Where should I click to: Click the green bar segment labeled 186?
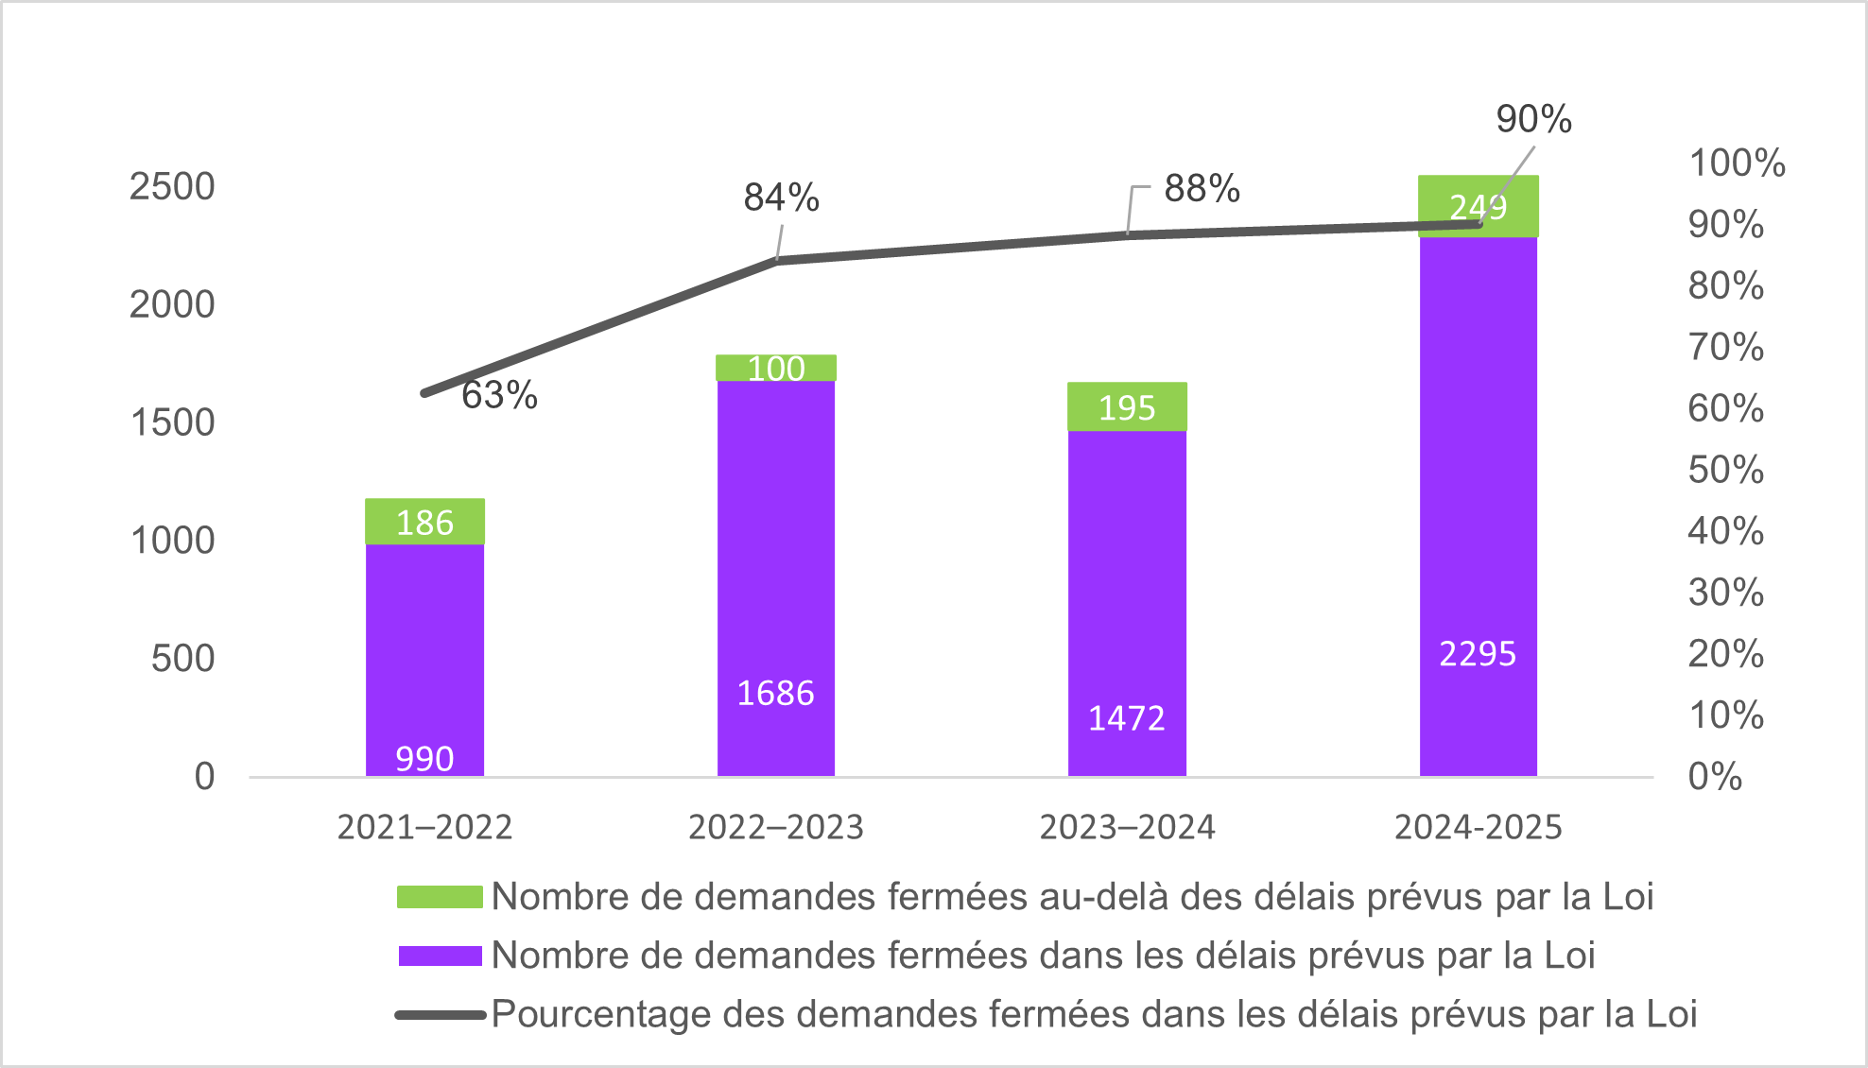coord(424,522)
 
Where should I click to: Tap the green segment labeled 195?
coord(1127,407)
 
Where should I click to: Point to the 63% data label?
coord(499,395)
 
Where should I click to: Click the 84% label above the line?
coord(781,198)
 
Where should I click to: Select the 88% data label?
coord(1202,188)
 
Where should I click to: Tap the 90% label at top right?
coord(1533,119)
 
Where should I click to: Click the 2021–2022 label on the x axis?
coord(424,827)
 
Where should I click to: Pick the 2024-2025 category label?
coord(1478,827)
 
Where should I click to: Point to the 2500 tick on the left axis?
coord(172,186)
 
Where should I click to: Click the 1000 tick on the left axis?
coord(172,541)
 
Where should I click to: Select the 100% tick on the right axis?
coord(1737,163)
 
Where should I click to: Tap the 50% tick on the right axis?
coord(1725,470)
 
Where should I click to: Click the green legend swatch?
coord(440,897)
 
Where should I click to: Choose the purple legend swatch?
coord(440,956)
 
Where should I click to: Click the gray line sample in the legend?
coord(440,1015)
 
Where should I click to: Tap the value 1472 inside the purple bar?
coord(1126,718)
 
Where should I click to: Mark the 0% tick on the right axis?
coord(1714,777)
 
